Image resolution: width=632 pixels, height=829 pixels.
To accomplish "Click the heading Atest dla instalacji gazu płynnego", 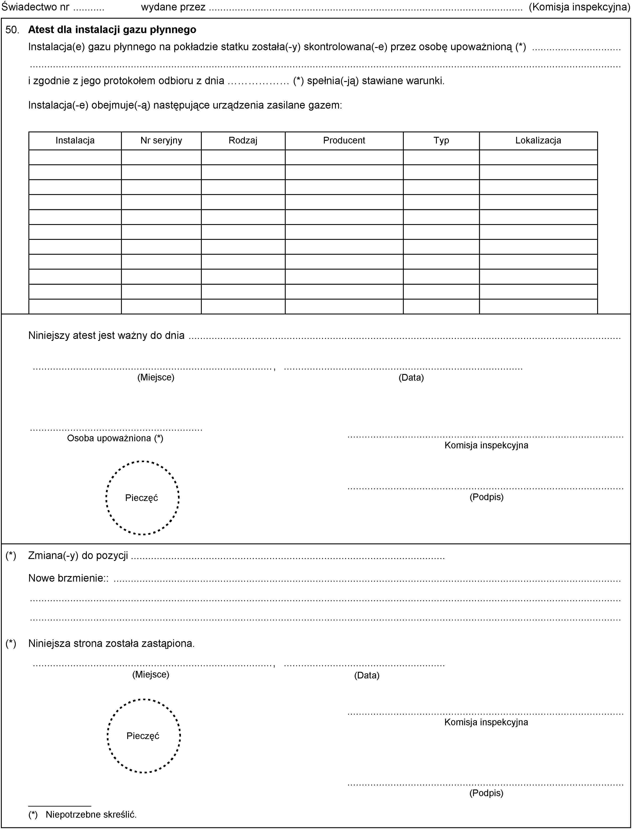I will (112, 30).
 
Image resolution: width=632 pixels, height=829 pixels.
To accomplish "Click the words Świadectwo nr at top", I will (35, 7).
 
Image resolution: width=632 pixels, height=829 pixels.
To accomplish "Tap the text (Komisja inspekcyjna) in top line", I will (579, 7).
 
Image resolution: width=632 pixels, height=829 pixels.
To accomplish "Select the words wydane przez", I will (173, 7).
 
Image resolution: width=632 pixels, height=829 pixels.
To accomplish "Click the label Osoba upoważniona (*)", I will (115, 438).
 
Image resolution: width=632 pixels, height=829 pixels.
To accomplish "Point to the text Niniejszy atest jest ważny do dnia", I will (107, 335).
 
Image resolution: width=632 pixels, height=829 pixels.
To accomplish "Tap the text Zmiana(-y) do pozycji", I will (78, 555).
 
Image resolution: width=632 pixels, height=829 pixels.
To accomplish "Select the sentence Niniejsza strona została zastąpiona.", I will (111, 644).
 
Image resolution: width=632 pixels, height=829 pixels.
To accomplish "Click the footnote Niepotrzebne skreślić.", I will (91, 815).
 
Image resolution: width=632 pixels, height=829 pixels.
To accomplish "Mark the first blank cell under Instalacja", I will (75, 157).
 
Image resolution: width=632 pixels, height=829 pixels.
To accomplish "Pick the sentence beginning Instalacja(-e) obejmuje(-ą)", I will (185, 105).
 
